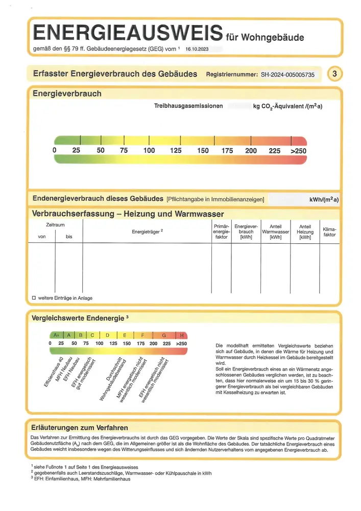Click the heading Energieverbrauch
pyautogui.click(x=67, y=94)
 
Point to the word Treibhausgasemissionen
pyautogui.click(x=188, y=106)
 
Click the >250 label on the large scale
pyautogui.click(x=298, y=151)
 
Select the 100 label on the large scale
pyautogui.click(x=149, y=151)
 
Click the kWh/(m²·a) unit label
pyautogui.click(x=324, y=199)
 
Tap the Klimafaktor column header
pyautogui.click(x=329, y=231)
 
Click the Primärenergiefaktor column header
pyautogui.click(x=221, y=231)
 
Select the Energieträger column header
pyautogui.click(x=147, y=231)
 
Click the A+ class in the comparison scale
pyautogui.click(x=56, y=335)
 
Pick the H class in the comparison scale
pyautogui.click(x=182, y=335)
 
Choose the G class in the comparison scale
pyautogui.click(x=164, y=335)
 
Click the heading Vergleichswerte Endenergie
pyautogui.click(x=78, y=318)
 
